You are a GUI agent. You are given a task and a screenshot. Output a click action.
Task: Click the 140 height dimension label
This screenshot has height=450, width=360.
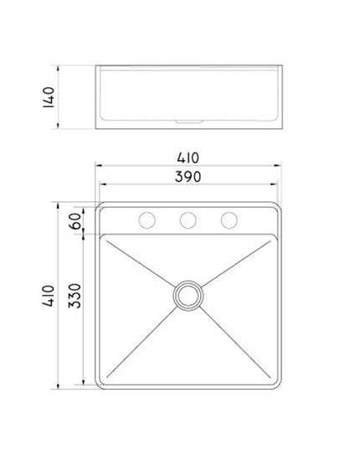[49, 97]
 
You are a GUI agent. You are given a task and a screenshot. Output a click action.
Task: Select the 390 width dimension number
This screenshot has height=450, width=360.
[188, 177]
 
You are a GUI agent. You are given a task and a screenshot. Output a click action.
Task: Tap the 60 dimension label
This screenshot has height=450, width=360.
[75, 220]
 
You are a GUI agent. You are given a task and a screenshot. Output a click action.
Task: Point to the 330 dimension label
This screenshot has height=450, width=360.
[75, 296]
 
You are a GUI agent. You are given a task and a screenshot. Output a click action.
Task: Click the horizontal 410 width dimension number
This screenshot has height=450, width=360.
[188, 158]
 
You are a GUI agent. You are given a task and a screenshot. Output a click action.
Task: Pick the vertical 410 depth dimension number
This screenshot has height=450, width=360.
[49, 296]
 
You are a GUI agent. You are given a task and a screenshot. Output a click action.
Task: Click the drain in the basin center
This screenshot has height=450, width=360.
[188, 296]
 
